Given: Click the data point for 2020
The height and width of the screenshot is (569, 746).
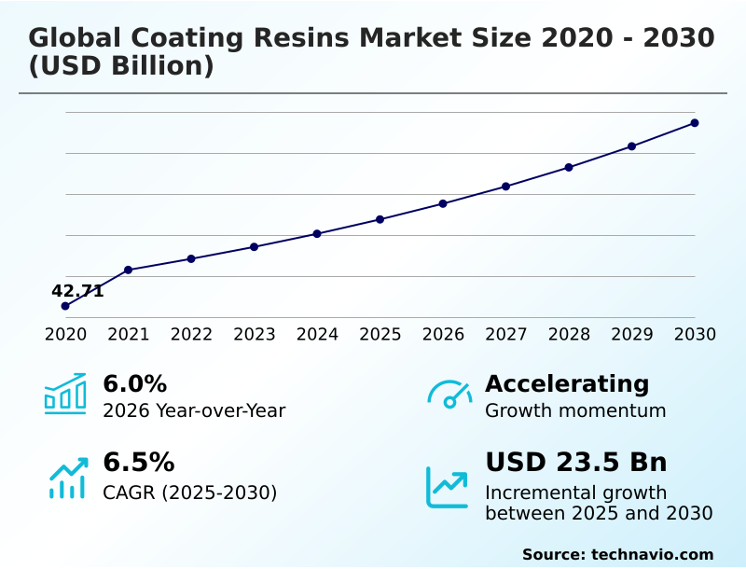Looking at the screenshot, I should (65, 306).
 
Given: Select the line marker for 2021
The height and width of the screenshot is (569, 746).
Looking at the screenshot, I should (129, 270).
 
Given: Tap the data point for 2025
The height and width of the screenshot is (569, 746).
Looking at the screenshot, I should (380, 219).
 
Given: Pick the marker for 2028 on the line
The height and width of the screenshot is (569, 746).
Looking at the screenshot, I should (569, 167).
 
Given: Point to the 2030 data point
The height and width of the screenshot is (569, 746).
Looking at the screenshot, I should (695, 123).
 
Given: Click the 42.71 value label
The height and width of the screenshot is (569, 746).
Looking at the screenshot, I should (77, 291).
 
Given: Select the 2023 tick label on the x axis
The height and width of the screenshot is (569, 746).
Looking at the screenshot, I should (255, 334).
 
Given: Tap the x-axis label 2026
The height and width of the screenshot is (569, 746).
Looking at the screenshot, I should (443, 334).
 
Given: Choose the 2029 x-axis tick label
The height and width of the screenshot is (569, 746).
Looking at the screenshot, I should (631, 334).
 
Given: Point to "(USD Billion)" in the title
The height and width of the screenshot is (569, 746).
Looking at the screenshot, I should (121, 67).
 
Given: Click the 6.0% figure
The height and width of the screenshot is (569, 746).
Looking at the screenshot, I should (134, 383).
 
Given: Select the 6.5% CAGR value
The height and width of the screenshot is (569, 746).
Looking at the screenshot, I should (138, 463).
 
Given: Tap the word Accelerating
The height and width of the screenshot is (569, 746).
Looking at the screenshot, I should (567, 383).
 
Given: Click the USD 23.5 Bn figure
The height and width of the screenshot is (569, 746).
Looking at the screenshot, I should (576, 463).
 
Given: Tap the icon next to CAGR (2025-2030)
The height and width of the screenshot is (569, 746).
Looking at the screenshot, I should (67, 477).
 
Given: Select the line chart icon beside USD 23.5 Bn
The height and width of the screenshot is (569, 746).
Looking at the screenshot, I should (448, 487).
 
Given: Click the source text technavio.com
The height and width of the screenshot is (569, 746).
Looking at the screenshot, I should (652, 554).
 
